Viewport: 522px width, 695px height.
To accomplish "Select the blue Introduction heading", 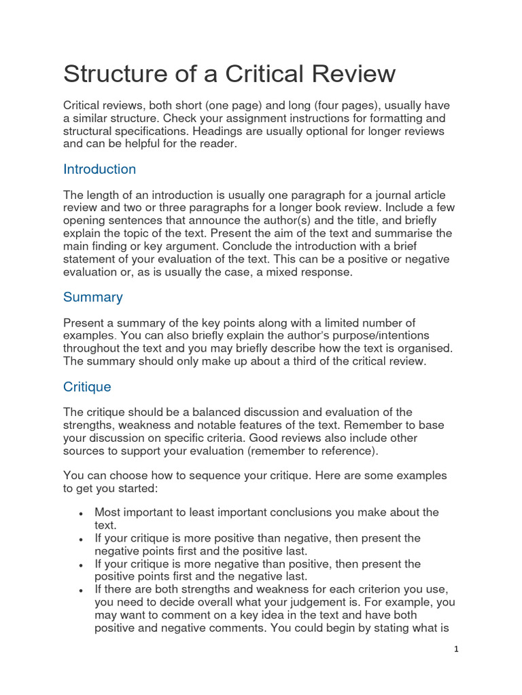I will [x=99, y=169].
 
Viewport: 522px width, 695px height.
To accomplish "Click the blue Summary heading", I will [x=92, y=297].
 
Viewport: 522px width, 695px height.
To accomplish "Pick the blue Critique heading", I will [x=87, y=387].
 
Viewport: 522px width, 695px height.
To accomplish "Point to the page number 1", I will [x=457, y=649].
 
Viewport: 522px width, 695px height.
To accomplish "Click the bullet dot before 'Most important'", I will [x=82, y=513].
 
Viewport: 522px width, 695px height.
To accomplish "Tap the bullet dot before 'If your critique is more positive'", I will [x=82, y=539].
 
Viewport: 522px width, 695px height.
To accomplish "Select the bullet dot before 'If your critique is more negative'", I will [x=82, y=565].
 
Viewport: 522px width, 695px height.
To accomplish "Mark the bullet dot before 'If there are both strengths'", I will [x=82, y=590].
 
